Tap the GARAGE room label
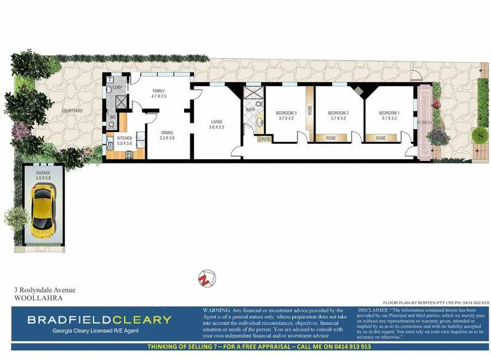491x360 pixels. coord(42,173)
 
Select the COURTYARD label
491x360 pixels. coord(72,110)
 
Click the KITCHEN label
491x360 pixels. coord(125,138)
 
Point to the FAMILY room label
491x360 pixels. coord(159,91)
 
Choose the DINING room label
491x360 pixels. coord(168,133)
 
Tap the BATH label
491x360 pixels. coord(250,109)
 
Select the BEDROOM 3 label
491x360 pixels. coord(286,113)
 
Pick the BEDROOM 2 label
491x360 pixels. coord(338,113)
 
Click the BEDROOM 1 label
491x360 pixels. coord(389,113)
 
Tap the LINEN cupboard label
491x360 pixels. coord(264,139)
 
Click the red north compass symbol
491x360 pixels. coord(206,278)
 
